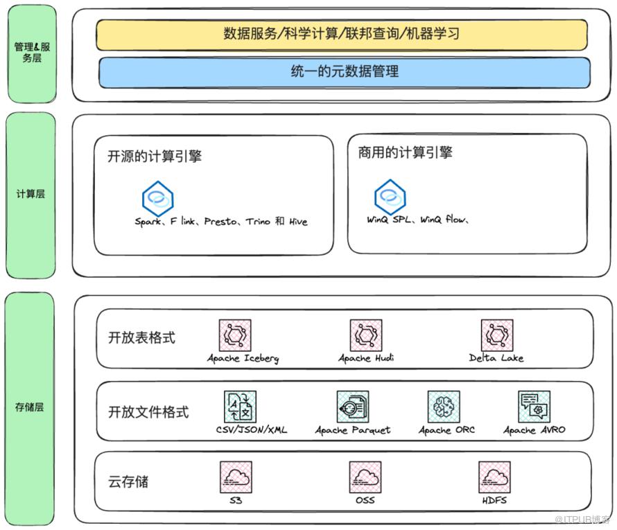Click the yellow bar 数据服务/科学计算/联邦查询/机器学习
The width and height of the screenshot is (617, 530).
(342, 34)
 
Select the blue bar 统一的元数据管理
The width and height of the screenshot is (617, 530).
(345, 71)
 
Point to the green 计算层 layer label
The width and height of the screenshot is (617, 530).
(30, 194)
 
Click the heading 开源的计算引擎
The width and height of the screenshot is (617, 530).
(155, 156)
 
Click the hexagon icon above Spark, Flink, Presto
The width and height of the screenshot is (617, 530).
(157, 198)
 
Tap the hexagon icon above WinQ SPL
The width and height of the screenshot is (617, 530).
(390, 197)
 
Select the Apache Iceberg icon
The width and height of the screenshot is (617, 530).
(236, 335)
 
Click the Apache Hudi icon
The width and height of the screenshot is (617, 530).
(365, 335)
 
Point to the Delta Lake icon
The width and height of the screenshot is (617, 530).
(496, 335)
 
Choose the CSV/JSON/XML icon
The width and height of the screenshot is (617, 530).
(240, 407)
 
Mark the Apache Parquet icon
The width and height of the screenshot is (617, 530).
(353, 407)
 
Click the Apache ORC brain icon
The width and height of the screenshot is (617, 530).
(444, 407)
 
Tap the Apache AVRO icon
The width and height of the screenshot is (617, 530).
(535, 407)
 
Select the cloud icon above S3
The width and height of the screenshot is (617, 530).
(236, 477)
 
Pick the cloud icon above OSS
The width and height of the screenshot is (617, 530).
(365, 477)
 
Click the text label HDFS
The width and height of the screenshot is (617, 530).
(494, 500)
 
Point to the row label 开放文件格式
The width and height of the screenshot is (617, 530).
(148, 412)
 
